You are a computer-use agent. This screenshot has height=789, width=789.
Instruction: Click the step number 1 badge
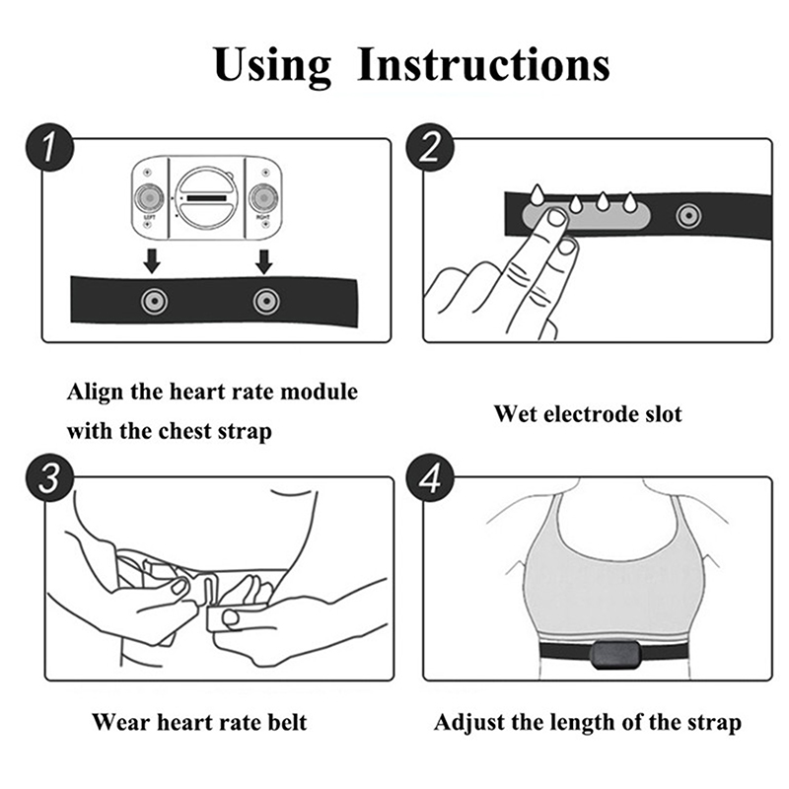pyautogui.click(x=49, y=147)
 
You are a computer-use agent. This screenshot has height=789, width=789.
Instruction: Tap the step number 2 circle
pyautogui.click(x=430, y=147)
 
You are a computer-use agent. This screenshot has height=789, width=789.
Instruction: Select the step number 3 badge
pyautogui.click(x=49, y=477)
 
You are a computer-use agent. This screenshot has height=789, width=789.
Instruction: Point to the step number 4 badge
pyautogui.click(x=430, y=477)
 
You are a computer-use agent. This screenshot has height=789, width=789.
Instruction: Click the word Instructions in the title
pyautogui.click(x=483, y=64)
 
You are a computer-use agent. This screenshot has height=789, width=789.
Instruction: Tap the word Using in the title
pyautogui.click(x=272, y=67)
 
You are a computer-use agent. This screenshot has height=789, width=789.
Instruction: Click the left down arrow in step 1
pyautogui.click(x=152, y=260)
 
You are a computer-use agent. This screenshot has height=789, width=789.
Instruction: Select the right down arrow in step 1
pyautogui.click(x=264, y=260)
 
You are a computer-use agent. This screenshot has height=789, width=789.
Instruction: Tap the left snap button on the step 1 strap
pyautogui.click(x=154, y=301)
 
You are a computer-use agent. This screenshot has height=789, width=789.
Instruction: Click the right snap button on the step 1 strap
pyautogui.click(x=266, y=301)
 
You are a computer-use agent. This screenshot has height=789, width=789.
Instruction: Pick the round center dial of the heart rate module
pyautogui.click(x=207, y=198)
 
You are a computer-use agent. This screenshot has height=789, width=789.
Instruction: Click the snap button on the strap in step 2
pyautogui.click(x=687, y=216)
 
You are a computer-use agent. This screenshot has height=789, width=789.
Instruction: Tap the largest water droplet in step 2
pyautogui.click(x=538, y=194)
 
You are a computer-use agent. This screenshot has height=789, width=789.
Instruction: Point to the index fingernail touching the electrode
pyautogui.click(x=556, y=217)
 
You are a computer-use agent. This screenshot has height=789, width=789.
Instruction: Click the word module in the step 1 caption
pyautogui.click(x=319, y=392)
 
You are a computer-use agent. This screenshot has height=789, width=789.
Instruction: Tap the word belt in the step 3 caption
pyautogui.click(x=287, y=723)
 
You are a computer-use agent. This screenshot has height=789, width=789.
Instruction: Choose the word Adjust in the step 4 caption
pyautogui.click(x=469, y=723)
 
